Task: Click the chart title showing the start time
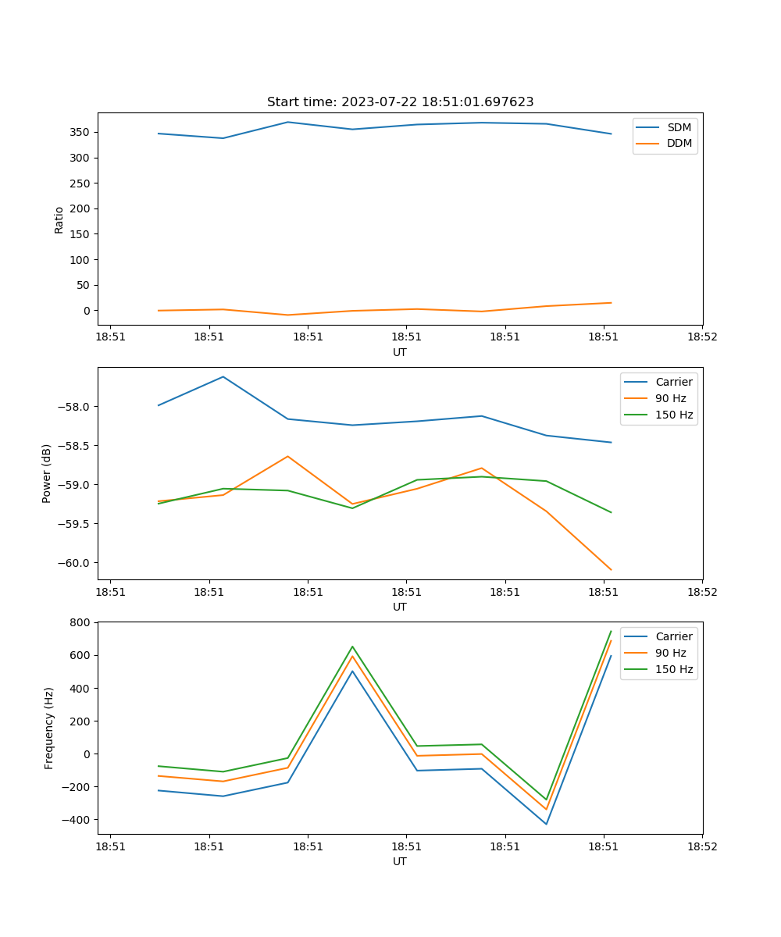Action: (400, 102)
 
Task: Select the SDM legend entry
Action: (679, 127)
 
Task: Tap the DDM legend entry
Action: (679, 143)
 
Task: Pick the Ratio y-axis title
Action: (59, 219)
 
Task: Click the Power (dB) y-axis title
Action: (47, 473)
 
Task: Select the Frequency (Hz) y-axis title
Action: (48, 728)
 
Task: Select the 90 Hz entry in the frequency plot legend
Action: (670, 653)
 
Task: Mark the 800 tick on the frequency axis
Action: (81, 622)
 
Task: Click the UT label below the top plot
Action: (400, 352)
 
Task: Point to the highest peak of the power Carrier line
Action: (223, 377)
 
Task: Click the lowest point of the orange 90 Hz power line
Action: (611, 570)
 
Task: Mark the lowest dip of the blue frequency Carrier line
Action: (546, 824)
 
